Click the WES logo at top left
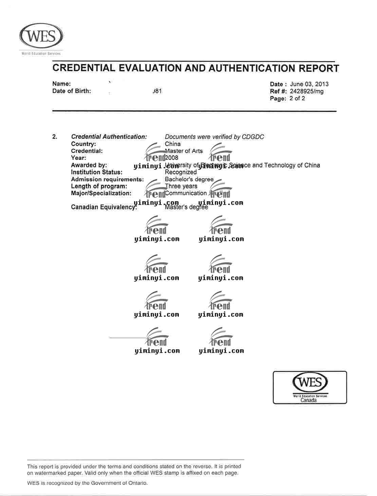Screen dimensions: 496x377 point(41,37)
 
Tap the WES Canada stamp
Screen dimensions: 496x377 point(310,387)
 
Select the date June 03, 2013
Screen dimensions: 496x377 point(309,84)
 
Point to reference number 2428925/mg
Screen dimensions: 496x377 point(307,91)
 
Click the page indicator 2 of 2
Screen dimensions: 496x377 point(297,99)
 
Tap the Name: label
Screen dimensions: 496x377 point(61,84)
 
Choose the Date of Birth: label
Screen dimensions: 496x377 point(72,91)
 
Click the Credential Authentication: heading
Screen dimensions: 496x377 point(109,137)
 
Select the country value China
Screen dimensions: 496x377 point(173,144)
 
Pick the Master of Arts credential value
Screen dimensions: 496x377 point(184,151)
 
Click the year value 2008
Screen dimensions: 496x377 point(172,158)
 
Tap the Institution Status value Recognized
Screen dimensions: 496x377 point(181,172)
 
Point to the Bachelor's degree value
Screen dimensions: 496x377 point(189,179)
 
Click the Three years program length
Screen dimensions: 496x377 point(181,186)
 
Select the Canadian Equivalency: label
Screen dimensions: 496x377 point(104,207)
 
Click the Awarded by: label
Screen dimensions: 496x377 point(89,165)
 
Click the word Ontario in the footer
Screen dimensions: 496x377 point(136,483)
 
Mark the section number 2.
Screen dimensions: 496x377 point(55,137)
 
